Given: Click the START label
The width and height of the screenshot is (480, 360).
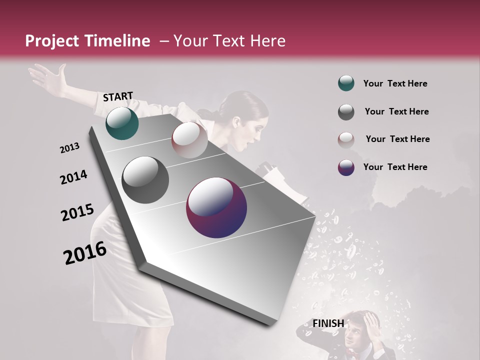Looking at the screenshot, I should pyautogui.click(x=118, y=96).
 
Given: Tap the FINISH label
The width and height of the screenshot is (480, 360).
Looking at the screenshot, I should pyautogui.click(x=328, y=323).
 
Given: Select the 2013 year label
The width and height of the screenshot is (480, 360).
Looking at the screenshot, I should pyautogui.click(x=69, y=148).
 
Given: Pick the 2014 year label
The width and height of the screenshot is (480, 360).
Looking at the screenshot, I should pyautogui.click(x=73, y=177).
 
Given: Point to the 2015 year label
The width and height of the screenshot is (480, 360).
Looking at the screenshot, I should pyautogui.click(x=77, y=212).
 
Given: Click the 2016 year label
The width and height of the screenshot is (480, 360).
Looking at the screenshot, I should pyautogui.click(x=84, y=252).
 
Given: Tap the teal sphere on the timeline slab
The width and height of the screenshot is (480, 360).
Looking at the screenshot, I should pyautogui.click(x=122, y=123).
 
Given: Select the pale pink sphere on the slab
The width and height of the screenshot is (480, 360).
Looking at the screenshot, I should pyautogui.click(x=189, y=140).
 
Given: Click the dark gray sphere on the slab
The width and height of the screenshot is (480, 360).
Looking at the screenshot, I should pyautogui.click(x=145, y=180).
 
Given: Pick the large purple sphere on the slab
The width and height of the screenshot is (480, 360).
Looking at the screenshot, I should pyautogui.click(x=216, y=207).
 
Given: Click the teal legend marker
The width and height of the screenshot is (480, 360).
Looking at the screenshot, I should pyautogui.click(x=346, y=83).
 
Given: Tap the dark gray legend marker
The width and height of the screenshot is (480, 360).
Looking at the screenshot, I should pyautogui.click(x=346, y=112).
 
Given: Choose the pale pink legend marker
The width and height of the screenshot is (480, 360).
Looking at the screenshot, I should pyautogui.click(x=346, y=139).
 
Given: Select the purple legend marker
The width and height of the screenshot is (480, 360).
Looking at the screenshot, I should pyautogui.click(x=346, y=167).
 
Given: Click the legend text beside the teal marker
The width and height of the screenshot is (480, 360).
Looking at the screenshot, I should pyautogui.click(x=395, y=84).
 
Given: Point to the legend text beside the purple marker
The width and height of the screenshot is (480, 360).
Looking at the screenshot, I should pyautogui.click(x=395, y=167).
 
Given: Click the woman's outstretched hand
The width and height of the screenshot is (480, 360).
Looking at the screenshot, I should pyautogui.click(x=45, y=75).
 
